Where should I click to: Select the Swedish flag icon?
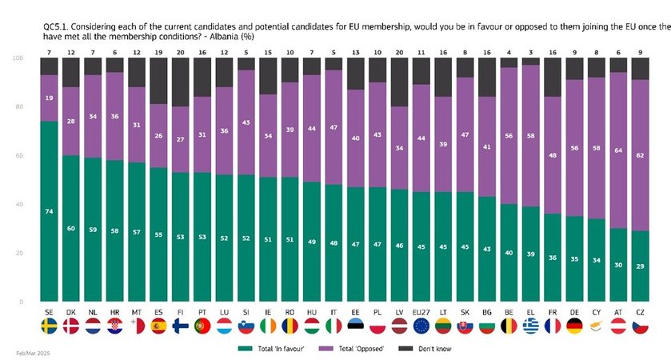click(50, 326)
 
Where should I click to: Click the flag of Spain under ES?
click(159, 326)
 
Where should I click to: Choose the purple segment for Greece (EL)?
click(529, 136)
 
